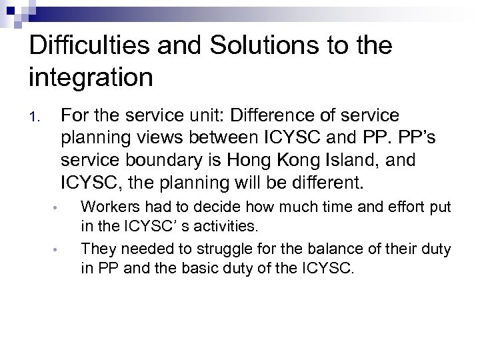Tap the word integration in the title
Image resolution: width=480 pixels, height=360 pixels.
(91, 78)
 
